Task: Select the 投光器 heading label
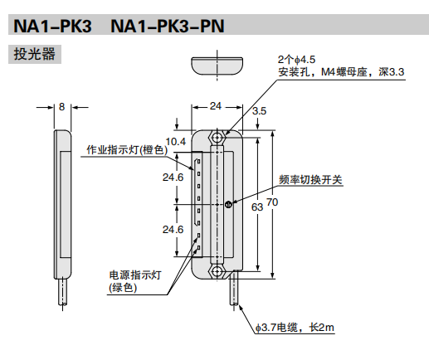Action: tap(35, 56)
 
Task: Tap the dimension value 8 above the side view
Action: tap(62, 107)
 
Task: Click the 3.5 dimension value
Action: tap(259, 111)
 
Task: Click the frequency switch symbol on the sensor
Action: tap(228, 203)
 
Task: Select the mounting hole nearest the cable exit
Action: tap(217, 270)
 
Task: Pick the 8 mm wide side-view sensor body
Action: tap(62, 203)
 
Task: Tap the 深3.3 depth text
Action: tap(387, 73)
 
